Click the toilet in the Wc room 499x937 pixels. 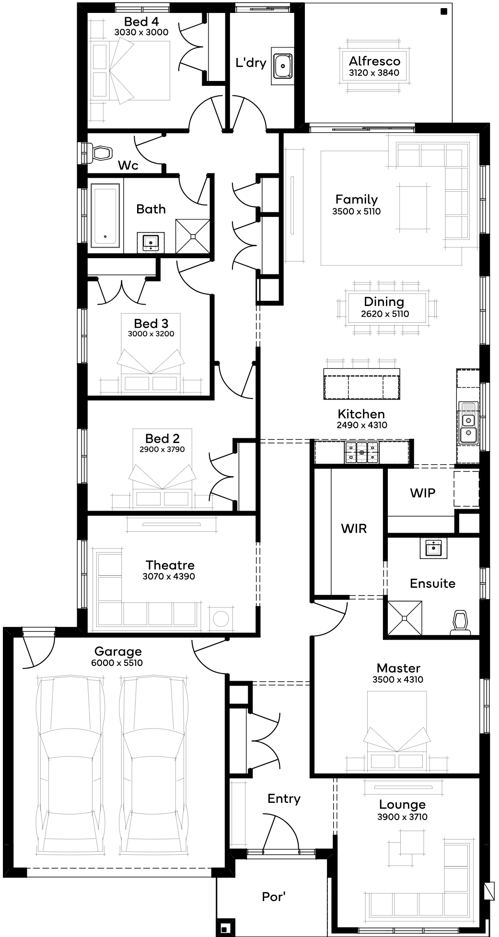100,153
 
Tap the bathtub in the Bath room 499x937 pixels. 105,216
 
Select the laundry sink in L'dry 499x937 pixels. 283,66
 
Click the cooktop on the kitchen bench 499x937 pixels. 361,452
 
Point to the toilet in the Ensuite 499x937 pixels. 460,622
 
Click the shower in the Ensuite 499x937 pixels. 405,618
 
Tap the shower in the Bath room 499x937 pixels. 193,236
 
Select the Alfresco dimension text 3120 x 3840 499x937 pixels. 374,73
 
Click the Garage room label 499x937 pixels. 118,651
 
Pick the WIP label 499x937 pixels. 423,493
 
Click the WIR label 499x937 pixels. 354,528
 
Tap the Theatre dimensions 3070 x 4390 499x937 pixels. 169,576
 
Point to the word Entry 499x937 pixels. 284,799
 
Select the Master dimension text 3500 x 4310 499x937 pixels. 398,679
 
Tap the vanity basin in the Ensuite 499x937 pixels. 433,548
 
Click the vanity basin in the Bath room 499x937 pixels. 151,242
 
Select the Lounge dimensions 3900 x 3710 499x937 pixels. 402,817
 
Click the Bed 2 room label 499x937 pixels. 162,438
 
